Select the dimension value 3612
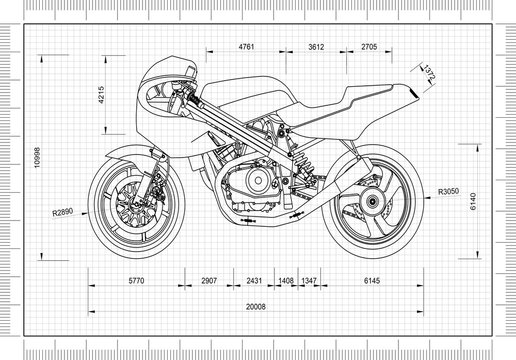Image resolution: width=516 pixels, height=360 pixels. pos(316,47)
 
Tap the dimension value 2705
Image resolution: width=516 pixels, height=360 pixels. pos(369,47)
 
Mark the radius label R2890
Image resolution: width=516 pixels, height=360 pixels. pos(65,212)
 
